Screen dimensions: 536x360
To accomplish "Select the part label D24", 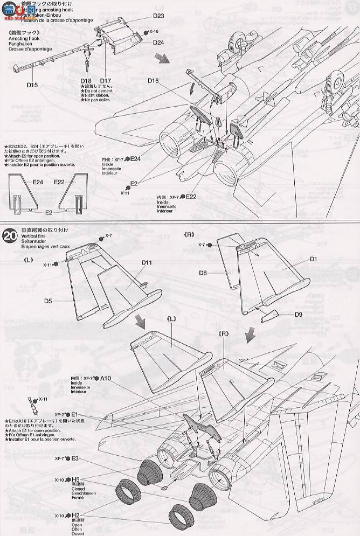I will point(158,43).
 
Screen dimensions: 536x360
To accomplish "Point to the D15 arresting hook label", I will point(32,85).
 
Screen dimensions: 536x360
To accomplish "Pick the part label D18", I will point(86,80).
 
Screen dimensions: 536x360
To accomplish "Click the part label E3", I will point(74,458).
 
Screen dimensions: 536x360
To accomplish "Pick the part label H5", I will point(75,479).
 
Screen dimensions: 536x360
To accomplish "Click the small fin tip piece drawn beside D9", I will point(272,316).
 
